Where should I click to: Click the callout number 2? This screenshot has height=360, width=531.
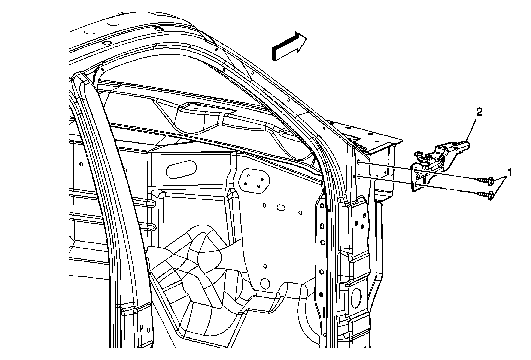point(479,112)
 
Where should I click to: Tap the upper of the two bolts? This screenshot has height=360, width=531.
point(487,180)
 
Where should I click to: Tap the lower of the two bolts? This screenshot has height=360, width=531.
point(487,195)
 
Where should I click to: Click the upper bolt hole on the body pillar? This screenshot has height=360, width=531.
point(360,162)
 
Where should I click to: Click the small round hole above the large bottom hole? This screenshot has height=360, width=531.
point(265,266)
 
